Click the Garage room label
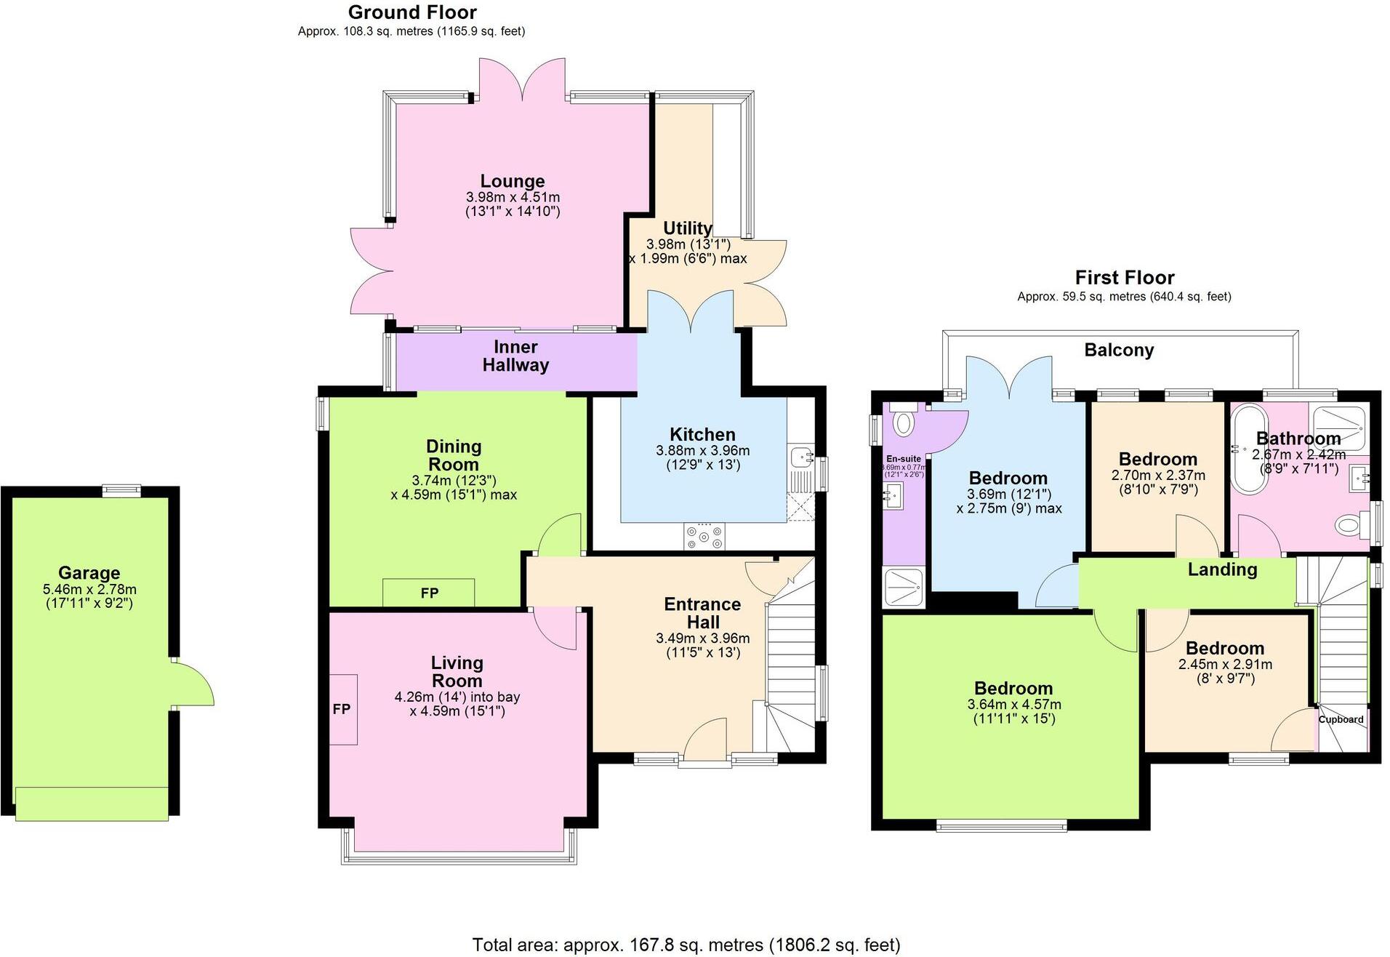click(x=89, y=573)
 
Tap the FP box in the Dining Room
click(x=429, y=593)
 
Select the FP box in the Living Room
click(x=342, y=709)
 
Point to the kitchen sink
click(x=802, y=458)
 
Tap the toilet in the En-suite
click(x=903, y=422)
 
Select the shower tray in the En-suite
click(x=903, y=588)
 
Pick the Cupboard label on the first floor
click(x=1341, y=719)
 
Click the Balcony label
click(x=1119, y=351)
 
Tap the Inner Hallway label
click(x=515, y=356)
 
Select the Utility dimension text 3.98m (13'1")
click(x=688, y=244)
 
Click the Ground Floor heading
click(x=412, y=12)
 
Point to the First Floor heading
click(x=1125, y=278)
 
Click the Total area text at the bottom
click(x=686, y=945)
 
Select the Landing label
click(x=1222, y=569)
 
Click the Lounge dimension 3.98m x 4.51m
click(x=513, y=197)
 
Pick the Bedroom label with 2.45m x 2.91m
click(x=1224, y=648)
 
